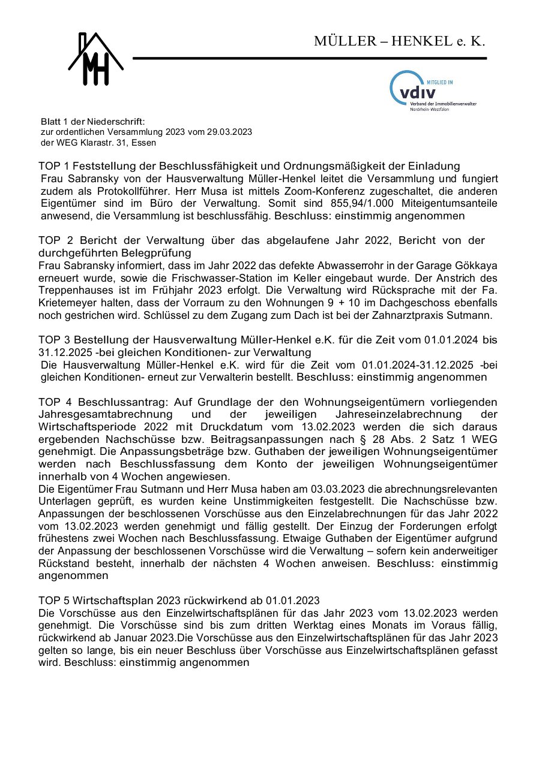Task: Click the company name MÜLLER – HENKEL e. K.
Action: (399, 41)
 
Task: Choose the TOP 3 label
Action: (57, 340)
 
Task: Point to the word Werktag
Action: (295, 626)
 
